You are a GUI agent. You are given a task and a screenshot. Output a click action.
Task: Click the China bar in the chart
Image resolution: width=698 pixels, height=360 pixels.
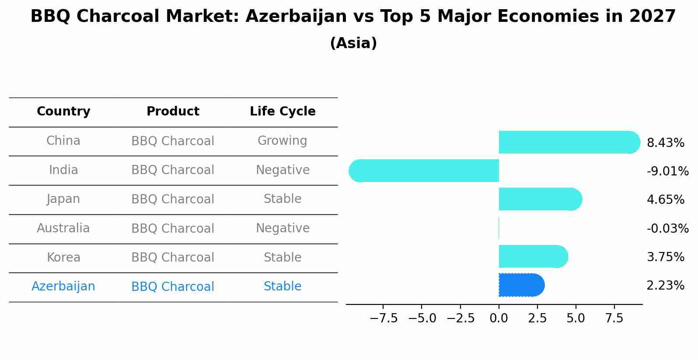(x=569, y=142)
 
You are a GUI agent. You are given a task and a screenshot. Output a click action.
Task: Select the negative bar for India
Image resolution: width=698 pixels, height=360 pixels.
(x=424, y=171)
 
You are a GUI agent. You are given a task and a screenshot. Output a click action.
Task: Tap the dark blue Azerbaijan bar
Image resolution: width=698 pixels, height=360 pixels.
(x=522, y=285)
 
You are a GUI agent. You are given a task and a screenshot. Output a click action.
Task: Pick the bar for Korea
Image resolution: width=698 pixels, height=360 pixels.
(x=534, y=256)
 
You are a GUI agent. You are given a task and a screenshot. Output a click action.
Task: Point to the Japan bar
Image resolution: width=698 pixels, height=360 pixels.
(x=541, y=199)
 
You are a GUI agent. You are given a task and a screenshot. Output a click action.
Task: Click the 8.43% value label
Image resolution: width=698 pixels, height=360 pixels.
(x=666, y=143)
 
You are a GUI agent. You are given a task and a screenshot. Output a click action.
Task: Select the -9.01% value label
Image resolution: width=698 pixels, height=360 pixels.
(x=668, y=171)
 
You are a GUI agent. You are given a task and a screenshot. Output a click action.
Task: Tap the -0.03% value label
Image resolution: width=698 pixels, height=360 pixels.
(x=668, y=228)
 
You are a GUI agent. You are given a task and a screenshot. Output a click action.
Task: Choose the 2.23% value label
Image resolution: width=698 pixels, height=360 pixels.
(x=666, y=285)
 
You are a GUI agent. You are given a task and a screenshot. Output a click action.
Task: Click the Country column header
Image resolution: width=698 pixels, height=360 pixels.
(x=63, y=111)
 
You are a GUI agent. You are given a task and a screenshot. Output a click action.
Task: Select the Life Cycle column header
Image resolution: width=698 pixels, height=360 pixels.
(x=283, y=111)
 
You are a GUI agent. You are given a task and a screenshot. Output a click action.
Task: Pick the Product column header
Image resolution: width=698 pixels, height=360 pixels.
(x=173, y=111)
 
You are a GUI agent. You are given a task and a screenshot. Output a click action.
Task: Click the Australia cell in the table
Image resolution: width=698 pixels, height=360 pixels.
(x=63, y=228)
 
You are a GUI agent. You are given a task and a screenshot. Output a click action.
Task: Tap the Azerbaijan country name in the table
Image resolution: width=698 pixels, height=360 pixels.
(x=63, y=287)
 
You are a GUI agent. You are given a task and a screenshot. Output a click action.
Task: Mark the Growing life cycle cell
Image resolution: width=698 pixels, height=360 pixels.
(x=283, y=141)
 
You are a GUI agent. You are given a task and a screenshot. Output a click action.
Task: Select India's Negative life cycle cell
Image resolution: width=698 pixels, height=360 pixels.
(x=283, y=170)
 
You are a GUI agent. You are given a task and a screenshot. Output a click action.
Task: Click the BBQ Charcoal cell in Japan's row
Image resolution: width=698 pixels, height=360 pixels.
(x=173, y=199)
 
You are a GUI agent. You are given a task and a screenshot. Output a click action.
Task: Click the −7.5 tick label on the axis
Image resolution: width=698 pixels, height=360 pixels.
(x=384, y=318)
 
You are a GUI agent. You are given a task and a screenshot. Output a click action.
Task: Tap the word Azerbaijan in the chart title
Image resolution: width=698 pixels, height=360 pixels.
(x=296, y=16)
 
